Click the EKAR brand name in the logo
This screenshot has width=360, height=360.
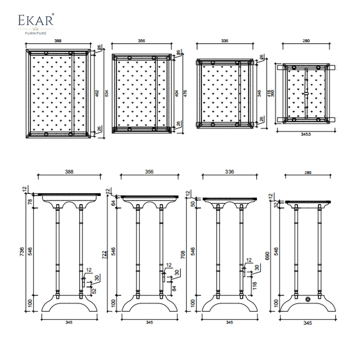tap(36, 21)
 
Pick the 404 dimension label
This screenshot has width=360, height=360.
tap(176, 94)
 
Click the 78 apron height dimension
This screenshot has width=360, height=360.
tap(30, 202)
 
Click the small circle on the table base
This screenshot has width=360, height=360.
tap(308, 299)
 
